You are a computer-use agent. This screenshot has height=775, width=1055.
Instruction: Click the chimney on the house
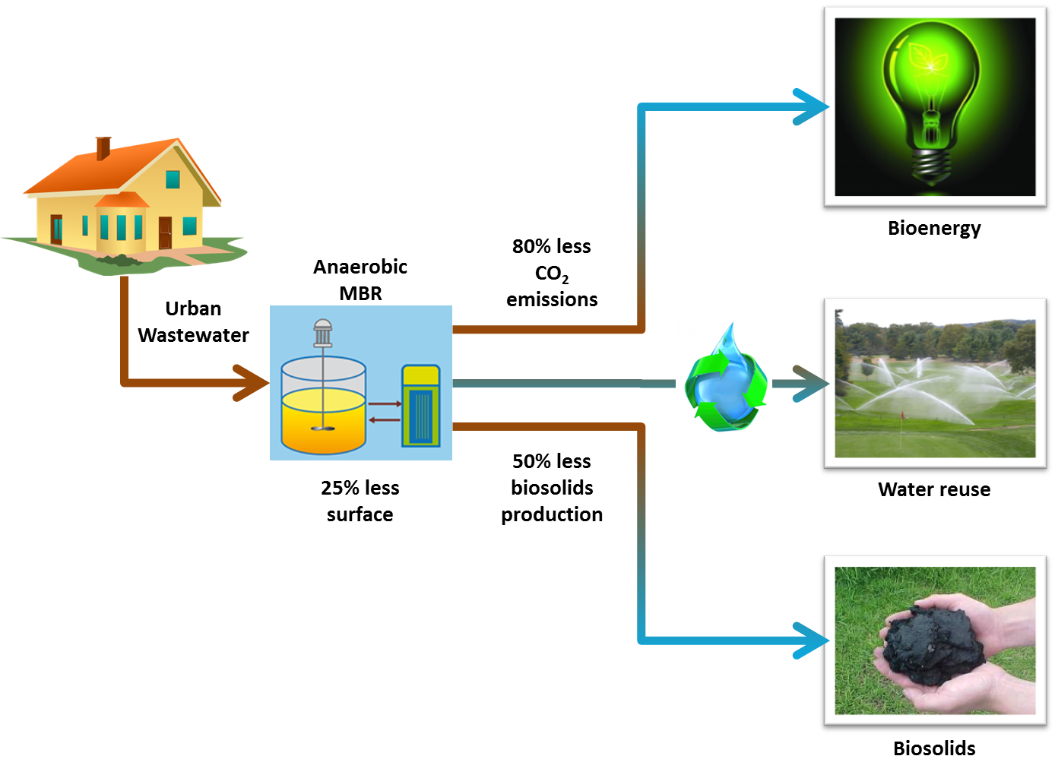(x=103, y=148)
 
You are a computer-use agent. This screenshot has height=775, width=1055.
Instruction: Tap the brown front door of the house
(x=165, y=232)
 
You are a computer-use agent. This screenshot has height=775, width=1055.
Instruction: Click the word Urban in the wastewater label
(x=193, y=308)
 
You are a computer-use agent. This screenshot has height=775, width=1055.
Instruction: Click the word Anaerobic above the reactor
(x=360, y=267)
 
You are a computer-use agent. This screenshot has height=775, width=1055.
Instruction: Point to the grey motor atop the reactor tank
(x=323, y=332)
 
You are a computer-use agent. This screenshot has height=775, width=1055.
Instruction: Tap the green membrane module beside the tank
(x=420, y=406)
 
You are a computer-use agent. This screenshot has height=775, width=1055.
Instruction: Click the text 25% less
(x=360, y=488)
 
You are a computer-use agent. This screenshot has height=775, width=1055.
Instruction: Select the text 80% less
(x=552, y=246)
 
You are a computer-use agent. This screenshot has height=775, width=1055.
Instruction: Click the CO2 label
(x=552, y=274)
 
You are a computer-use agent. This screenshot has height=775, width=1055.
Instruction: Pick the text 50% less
(x=552, y=461)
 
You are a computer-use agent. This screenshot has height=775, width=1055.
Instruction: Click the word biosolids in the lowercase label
(x=552, y=488)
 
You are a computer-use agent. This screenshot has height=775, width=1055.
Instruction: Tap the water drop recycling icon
(x=724, y=377)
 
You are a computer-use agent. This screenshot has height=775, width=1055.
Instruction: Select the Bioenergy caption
(x=934, y=228)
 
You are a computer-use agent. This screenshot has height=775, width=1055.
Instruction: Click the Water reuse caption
(x=934, y=489)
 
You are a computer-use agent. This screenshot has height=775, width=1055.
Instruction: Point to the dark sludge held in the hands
(x=931, y=642)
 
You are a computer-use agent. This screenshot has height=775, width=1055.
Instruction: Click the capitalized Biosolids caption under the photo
(x=934, y=748)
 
